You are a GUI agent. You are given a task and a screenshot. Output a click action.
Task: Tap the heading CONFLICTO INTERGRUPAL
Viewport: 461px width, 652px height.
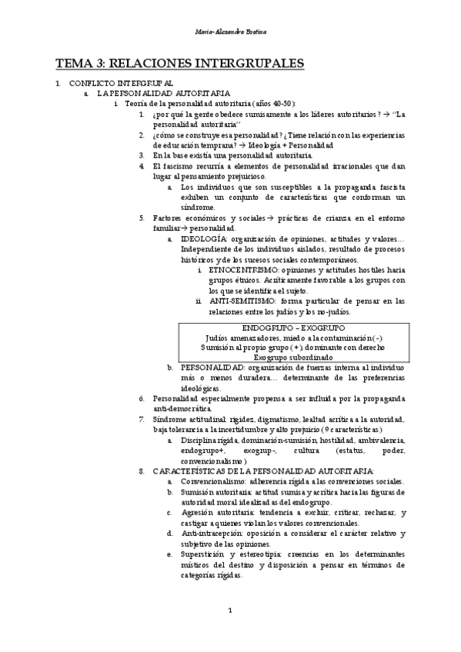click(x=122, y=82)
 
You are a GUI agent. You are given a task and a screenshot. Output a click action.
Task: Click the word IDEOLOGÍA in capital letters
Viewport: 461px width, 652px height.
click(x=204, y=238)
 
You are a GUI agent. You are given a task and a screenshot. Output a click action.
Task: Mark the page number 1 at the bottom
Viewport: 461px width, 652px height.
click(x=230, y=611)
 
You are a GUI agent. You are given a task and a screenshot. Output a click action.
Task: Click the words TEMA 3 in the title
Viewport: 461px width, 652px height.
click(x=79, y=63)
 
